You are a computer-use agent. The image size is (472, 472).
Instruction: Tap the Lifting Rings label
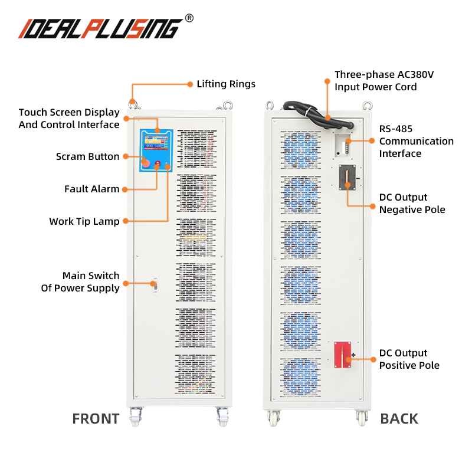tap(226, 84)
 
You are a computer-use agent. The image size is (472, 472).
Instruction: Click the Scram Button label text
tap(87, 156)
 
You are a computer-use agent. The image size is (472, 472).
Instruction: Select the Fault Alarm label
tap(91, 189)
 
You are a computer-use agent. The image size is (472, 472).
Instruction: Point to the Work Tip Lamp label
tap(84, 221)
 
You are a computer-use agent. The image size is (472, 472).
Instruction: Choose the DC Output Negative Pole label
tap(412, 204)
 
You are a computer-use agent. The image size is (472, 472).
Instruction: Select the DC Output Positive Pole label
tap(409, 359)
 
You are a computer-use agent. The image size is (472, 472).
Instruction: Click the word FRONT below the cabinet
tap(96, 419)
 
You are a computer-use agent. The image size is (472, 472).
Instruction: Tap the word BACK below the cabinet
tap(399, 419)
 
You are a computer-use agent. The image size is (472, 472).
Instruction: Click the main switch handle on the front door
tap(153, 284)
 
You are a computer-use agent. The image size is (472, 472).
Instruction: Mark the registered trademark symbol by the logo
tap(189, 18)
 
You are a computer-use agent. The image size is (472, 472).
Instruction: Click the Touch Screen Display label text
tap(69, 118)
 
